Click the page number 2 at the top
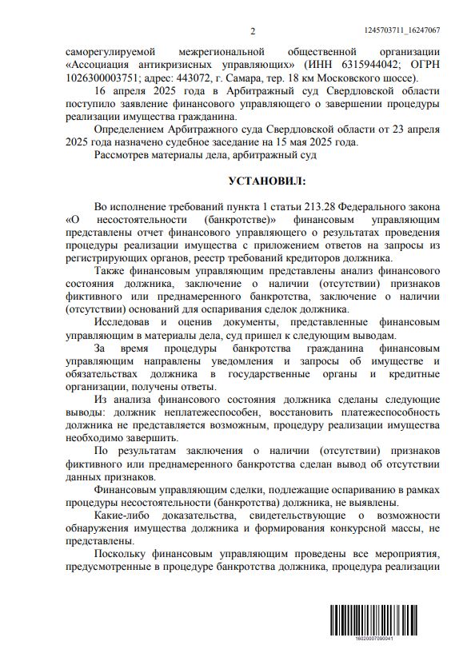click(252, 31)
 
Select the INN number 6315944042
click(345, 65)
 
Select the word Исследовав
click(126, 321)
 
